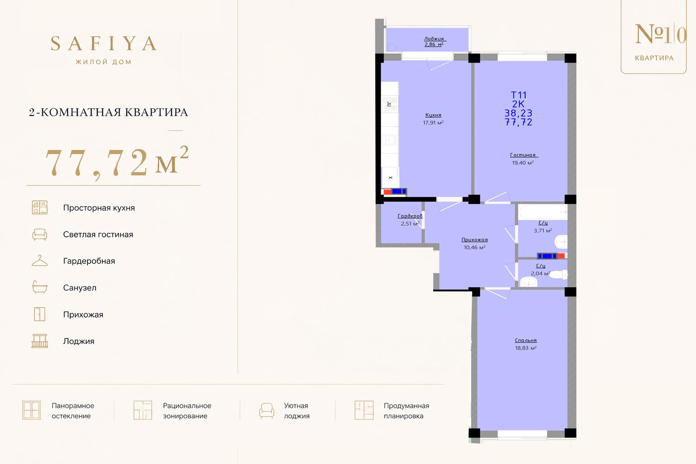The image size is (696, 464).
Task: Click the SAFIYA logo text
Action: [103, 43]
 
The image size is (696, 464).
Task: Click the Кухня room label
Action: [433, 115]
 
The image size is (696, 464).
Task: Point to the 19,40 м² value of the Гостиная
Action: [523, 163]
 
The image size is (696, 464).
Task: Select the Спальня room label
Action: [526, 340]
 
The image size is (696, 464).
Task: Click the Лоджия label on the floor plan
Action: [435, 39]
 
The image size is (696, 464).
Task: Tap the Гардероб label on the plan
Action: [410, 216]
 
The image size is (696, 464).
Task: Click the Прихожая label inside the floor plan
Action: [474, 240]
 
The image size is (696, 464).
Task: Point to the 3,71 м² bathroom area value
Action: [543, 231]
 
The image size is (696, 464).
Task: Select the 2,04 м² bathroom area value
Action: [540, 274]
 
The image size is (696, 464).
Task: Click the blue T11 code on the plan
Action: [518, 95]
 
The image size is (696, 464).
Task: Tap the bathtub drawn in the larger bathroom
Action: [543, 212]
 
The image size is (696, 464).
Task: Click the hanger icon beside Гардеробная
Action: [40, 261]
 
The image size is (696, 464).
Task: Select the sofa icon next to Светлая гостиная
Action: [40, 234]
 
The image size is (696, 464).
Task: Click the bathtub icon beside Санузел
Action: [40, 287]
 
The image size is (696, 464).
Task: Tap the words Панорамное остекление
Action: [73, 411]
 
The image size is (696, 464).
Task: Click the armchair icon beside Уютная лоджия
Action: [266, 411]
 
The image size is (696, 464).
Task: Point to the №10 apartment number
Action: [660, 34]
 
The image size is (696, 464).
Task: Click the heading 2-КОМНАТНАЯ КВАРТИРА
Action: [108, 112]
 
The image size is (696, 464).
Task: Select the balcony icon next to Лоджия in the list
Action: [40, 341]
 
